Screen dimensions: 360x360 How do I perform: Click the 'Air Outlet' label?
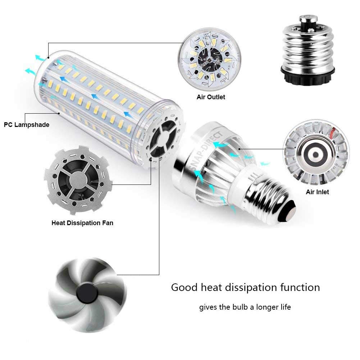[211, 97]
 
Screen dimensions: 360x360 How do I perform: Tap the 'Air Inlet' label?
[317, 192]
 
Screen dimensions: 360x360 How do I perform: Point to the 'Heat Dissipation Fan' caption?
[82, 223]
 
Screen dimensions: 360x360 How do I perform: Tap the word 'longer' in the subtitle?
[271, 307]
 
